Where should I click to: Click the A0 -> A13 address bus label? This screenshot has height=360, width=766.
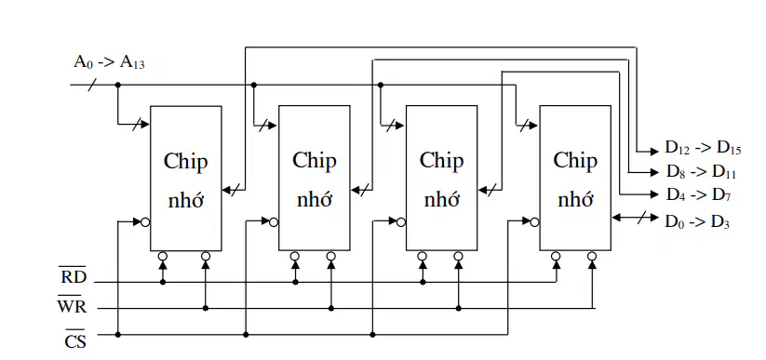coord(109,62)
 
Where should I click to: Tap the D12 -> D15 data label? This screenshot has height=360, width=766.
coord(703,149)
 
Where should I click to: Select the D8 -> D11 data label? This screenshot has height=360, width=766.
coord(702,172)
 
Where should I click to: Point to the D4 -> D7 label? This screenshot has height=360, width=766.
coord(699,194)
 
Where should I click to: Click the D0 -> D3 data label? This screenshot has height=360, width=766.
coord(697,221)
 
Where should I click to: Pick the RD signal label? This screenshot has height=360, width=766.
coord(74,276)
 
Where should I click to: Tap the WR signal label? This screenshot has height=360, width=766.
coord(72,306)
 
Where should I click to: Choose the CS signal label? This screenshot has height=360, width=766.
coord(75,340)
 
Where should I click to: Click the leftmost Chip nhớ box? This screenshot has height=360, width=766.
coord(185,179)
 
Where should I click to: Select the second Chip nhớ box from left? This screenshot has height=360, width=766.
coord(314,178)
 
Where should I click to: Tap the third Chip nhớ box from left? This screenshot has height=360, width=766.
coord(441,178)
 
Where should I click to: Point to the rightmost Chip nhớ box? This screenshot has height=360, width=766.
coord(575,178)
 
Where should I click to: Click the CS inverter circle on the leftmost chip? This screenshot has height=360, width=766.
coord(145,222)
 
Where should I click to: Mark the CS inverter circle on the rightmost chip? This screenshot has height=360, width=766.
coord(534,221)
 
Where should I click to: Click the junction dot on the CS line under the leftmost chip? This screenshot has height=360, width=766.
coord(117,335)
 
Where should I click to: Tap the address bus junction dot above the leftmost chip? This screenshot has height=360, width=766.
coord(117,85)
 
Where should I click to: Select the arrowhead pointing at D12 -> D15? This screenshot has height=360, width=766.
coord(654,152)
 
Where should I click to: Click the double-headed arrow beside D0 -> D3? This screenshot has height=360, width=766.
coord(635,218)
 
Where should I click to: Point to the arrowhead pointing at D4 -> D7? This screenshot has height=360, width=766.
coord(654,194)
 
